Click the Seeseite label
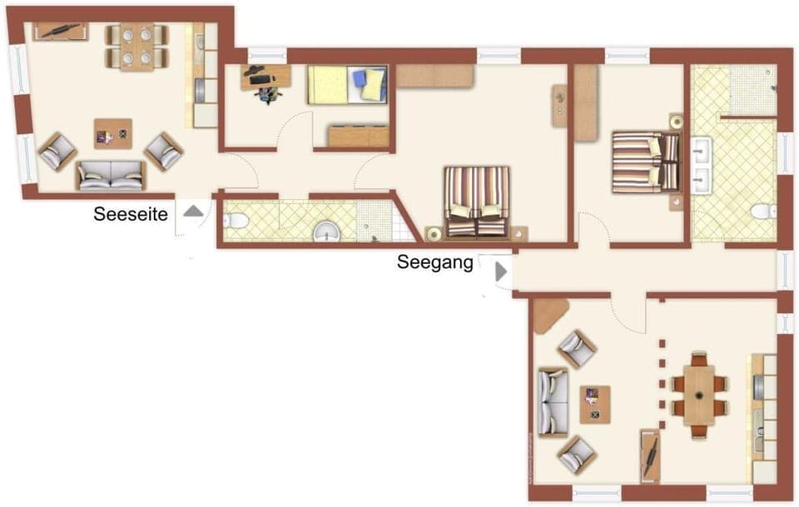pyautogui.click(x=131, y=215)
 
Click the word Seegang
pyautogui.click(x=435, y=263)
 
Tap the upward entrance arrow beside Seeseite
pyautogui.click(x=193, y=211)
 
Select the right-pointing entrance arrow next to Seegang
pyautogui.click(x=501, y=271)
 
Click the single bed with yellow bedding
pyautogui.click(x=348, y=85)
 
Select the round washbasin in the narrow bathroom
pyautogui.click(x=327, y=232)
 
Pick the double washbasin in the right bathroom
pyautogui.click(x=699, y=165)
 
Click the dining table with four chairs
pyautogui.click(x=137, y=46)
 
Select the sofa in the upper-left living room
pyautogui.click(x=111, y=175)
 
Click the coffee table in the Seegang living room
pyautogui.click(x=595, y=405)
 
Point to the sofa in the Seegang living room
pyautogui.click(x=552, y=403)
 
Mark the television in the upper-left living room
pyautogui.click(x=61, y=32)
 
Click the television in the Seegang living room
pyautogui.click(x=650, y=455)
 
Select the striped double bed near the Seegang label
pyautogui.click(x=476, y=201)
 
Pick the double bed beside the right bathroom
pyautogui.click(x=646, y=161)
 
